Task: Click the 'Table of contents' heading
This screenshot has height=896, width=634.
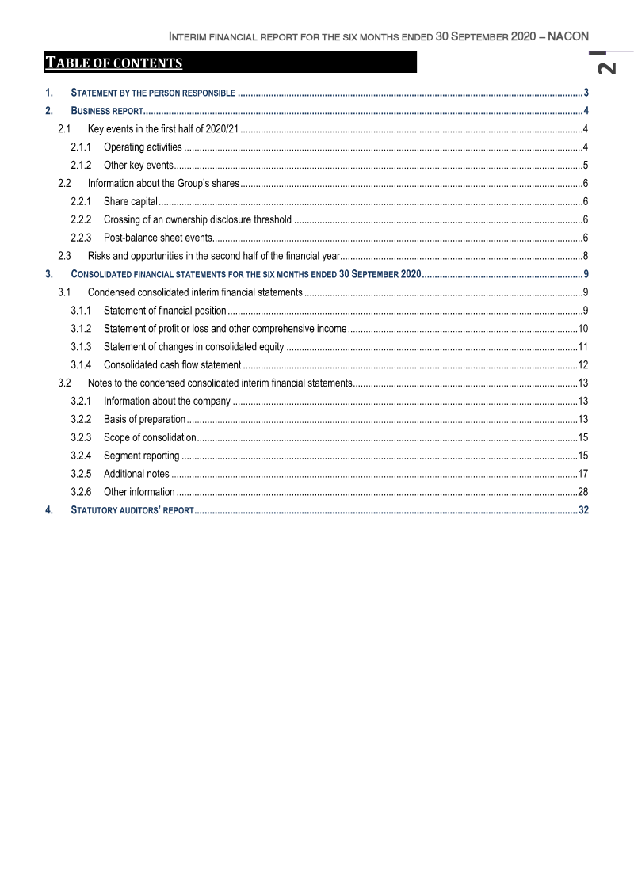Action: pos(113,63)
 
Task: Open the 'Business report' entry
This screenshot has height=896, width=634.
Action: pos(106,110)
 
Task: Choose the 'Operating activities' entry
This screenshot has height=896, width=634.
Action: pos(143,147)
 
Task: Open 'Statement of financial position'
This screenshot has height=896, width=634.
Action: pos(165,310)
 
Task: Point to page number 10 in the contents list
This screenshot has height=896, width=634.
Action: pos(582,328)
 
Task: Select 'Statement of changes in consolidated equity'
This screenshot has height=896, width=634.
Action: pos(193,346)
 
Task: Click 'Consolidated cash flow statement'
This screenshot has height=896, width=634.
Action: pos(172,364)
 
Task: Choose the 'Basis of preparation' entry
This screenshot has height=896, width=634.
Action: pos(144,419)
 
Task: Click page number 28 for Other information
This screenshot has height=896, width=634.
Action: pos(582,492)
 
